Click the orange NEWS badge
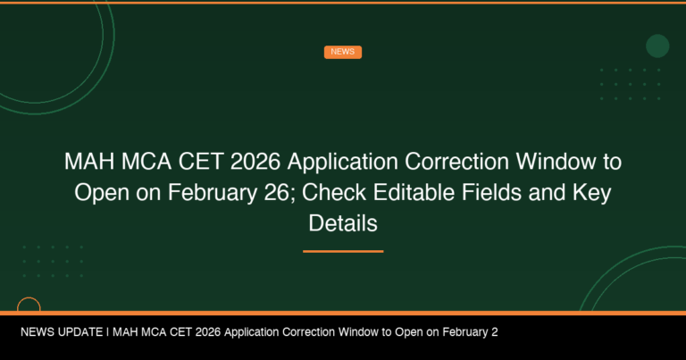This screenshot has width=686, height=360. (x=342, y=52)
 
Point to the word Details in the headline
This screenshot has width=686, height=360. (x=343, y=223)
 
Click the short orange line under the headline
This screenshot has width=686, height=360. (x=343, y=251)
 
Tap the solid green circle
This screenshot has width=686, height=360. (x=657, y=46)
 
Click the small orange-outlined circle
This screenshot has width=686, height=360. (x=29, y=306)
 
